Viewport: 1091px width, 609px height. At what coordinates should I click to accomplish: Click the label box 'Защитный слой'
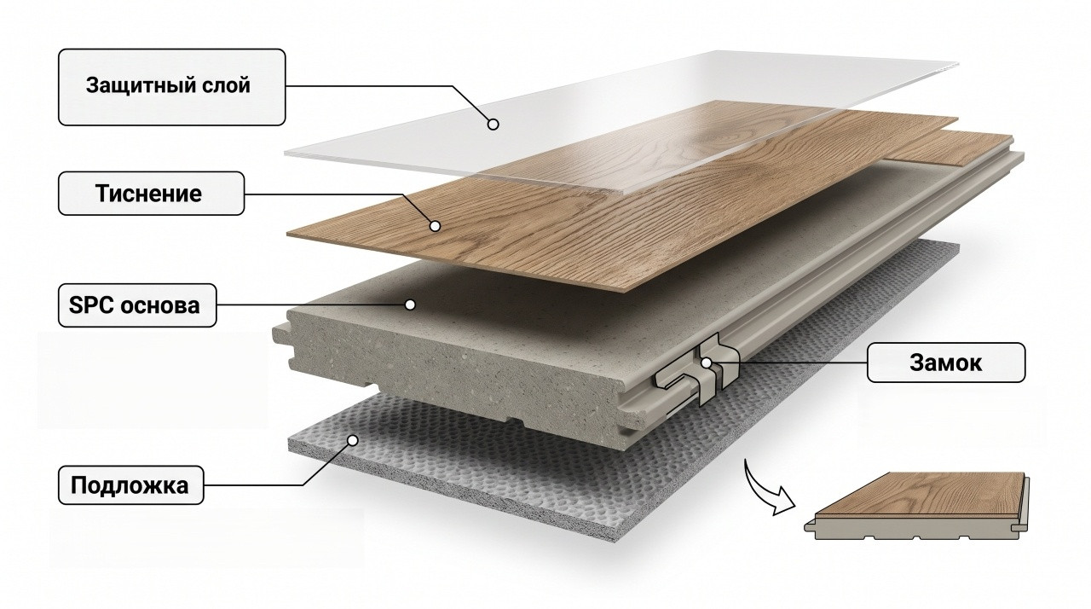point(171,87)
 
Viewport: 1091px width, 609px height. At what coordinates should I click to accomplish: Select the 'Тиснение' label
point(151,194)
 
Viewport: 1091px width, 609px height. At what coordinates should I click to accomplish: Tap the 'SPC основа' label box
point(137,305)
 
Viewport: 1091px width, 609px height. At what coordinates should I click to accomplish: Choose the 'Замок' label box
point(946,362)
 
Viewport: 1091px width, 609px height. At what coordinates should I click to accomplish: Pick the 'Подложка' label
point(130,485)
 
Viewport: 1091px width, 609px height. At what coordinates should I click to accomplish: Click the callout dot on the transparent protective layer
point(493,125)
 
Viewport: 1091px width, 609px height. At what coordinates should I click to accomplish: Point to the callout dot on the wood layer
point(435,226)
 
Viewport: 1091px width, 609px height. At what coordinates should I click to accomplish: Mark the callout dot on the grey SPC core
point(410,305)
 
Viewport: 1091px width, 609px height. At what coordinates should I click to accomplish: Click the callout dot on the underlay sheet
point(353,440)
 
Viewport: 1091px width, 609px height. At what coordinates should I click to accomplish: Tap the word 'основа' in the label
point(159,306)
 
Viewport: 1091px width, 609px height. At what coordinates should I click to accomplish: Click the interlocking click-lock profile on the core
point(697,370)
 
